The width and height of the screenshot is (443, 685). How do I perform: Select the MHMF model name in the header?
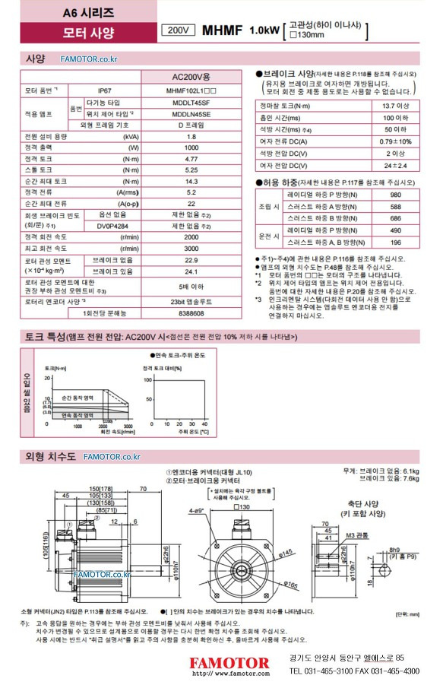223,30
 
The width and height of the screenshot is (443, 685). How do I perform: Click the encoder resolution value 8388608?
191,312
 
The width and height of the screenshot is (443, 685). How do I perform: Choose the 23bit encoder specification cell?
191,301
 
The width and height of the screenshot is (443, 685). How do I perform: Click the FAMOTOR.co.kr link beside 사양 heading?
89,59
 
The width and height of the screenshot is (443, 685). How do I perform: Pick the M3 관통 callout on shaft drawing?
354,534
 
